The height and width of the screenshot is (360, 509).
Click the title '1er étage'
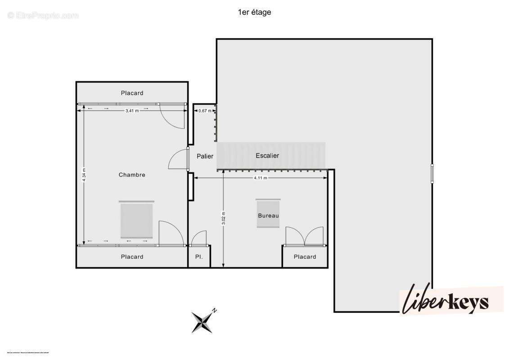254,13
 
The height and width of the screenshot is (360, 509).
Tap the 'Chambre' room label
132,175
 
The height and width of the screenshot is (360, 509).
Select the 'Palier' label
205,156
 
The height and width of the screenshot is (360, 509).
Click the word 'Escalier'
267,156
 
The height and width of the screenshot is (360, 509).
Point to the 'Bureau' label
268,216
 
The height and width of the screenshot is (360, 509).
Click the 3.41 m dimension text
132,110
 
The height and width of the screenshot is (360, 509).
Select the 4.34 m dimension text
84,175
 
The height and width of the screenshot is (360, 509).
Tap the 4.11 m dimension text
261,178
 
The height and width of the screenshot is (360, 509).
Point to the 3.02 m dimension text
224,219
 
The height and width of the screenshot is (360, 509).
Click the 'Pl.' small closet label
198,257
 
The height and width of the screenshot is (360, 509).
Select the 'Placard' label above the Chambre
132,93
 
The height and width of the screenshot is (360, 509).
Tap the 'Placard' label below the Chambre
132,257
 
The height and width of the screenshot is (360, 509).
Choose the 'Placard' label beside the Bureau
305,257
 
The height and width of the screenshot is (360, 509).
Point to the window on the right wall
432,173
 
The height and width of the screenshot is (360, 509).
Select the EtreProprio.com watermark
43,15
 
